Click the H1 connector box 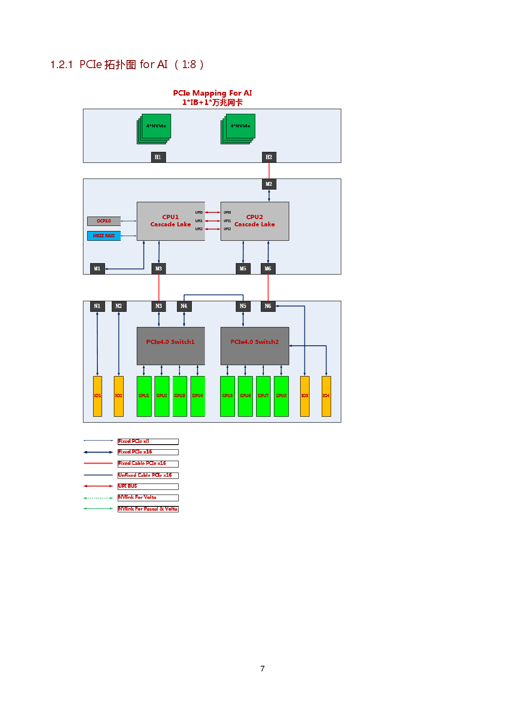pos(158,157)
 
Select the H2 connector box pos(269,157)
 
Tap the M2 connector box pos(269,184)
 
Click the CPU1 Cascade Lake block pos(171,221)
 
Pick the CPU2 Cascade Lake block pos(254,221)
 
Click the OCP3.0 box pos(104,221)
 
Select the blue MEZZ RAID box pos(104,236)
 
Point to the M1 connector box pos(97,269)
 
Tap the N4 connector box pos(184,306)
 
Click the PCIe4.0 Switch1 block pos(171,346)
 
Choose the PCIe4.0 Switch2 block pos(254,346)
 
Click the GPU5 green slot pos(227,396)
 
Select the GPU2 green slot pos(162,396)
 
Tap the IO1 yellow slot pos(97,396)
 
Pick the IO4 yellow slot pos(326,396)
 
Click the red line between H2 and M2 pos(269,171)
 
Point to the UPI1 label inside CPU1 pos(199,221)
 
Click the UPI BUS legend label pos(128,486)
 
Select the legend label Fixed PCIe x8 pos(134,441)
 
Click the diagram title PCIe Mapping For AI pos(212,93)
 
